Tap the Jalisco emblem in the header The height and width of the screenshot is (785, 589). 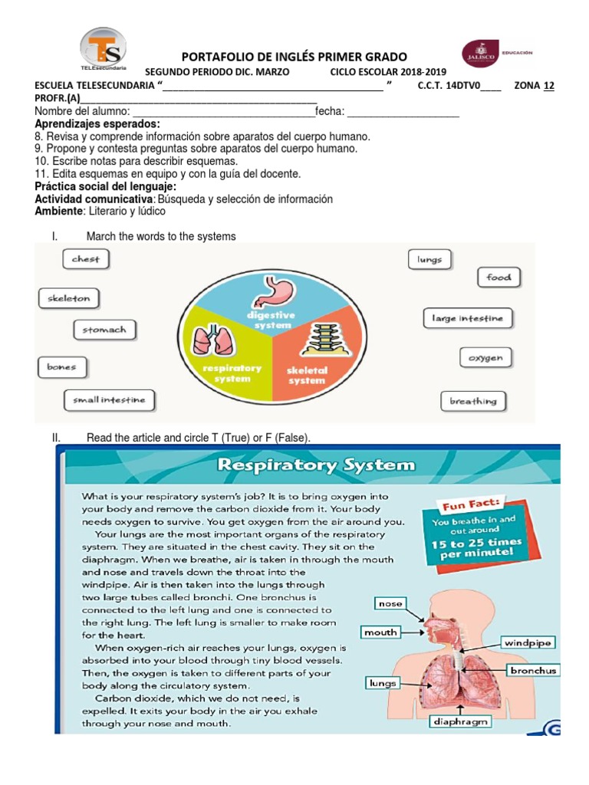click(x=480, y=54)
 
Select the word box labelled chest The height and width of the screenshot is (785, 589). click(x=86, y=259)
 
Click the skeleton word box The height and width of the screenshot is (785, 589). click(x=69, y=298)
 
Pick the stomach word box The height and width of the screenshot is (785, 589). click(x=105, y=330)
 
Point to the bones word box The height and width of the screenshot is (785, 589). click(x=61, y=367)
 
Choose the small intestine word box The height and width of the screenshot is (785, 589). click(x=109, y=399)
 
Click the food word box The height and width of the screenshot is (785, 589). click(x=499, y=278)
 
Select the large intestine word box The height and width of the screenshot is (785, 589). click(x=467, y=317)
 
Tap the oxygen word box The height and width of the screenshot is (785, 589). click(x=485, y=357)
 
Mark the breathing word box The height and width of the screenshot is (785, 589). click(x=472, y=400)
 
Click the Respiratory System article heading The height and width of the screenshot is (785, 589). click(x=317, y=465)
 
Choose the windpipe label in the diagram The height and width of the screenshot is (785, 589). click(x=528, y=642)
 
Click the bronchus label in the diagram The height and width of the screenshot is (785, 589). click(x=534, y=670)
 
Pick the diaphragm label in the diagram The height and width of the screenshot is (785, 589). click(x=460, y=721)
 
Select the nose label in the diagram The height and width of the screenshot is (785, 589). click(x=390, y=603)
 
